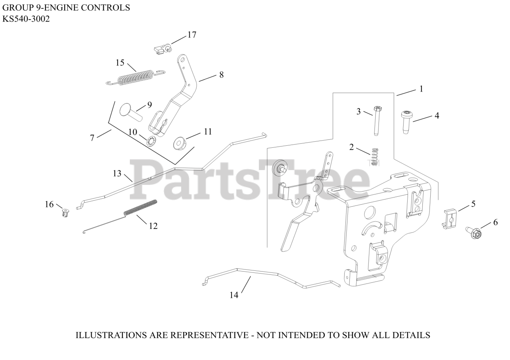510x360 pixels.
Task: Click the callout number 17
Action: pyautogui.click(x=192, y=35)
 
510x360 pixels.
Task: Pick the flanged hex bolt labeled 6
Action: pyautogui.click(x=474, y=233)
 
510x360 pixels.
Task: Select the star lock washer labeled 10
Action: pyautogui.click(x=151, y=141)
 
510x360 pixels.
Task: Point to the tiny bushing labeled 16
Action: pyautogui.click(x=65, y=213)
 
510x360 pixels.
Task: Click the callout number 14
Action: pyautogui.click(x=234, y=295)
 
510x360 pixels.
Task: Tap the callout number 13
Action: pyautogui.click(x=117, y=174)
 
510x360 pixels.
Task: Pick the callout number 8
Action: pyautogui.click(x=221, y=74)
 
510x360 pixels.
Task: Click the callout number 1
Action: pyautogui.click(x=421, y=89)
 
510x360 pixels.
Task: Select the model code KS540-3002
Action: pyautogui.click(x=26, y=19)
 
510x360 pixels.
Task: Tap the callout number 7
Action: pyautogui.click(x=92, y=138)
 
